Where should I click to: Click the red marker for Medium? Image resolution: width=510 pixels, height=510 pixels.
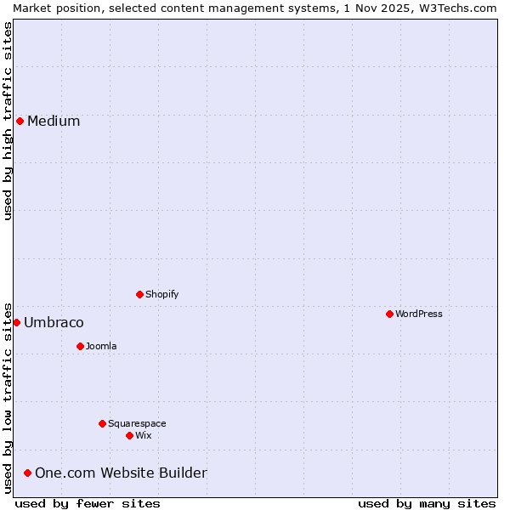(20, 121)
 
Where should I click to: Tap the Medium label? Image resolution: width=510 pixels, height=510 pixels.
(54, 121)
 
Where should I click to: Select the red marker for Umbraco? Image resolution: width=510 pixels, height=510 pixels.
(16, 322)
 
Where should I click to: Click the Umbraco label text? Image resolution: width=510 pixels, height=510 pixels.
(54, 322)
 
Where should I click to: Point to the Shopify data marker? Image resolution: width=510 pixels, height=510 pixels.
(139, 294)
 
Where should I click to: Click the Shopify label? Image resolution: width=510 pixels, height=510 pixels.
(162, 294)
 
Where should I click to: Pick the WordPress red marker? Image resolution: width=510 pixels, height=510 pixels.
(389, 314)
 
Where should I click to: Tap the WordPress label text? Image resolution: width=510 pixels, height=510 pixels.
(419, 314)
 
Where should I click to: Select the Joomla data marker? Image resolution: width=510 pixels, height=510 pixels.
(80, 346)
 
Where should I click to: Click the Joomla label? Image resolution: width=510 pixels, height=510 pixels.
(101, 346)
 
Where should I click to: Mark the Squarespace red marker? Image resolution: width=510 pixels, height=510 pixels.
(102, 423)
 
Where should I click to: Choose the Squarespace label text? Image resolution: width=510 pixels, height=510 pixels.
(137, 423)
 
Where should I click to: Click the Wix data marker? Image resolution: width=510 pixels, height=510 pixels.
(129, 435)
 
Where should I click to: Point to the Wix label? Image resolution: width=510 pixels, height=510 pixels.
(144, 435)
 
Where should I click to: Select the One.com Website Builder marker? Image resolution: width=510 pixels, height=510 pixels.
(27, 473)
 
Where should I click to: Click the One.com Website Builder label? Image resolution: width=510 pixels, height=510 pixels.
(121, 473)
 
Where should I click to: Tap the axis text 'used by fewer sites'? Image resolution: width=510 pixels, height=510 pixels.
(88, 503)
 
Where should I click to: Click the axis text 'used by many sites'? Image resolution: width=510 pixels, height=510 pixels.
(427, 503)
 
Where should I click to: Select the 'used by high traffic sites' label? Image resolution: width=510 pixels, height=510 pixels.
(8, 121)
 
